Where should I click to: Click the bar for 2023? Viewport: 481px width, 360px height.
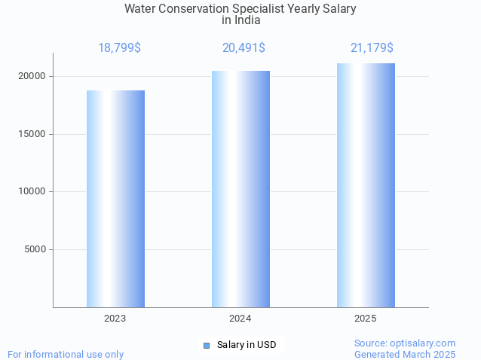(x=115, y=199)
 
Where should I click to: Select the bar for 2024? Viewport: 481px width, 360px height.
(x=240, y=189)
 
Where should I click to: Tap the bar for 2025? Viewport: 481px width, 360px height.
(x=366, y=185)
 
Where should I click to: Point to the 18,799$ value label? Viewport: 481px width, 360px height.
(x=119, y=48)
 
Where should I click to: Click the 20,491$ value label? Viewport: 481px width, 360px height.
(x=244, y=48)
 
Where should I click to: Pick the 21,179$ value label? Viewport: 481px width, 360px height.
(x=372, y=48)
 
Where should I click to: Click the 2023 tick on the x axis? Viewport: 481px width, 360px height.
(x=115, y=319)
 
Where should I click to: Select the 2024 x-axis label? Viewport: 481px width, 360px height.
(x=240, y=319)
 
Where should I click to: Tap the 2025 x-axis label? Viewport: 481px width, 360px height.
(x=366, y=319)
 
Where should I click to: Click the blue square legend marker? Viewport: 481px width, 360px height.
(x=207, y=346)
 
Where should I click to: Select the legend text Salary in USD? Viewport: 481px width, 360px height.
(x=247, y=345)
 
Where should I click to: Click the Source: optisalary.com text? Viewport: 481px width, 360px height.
(x=405, y=343)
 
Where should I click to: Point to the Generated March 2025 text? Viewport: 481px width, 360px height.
(x=405, y=354)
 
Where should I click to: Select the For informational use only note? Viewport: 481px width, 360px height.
(x=66, y=354)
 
